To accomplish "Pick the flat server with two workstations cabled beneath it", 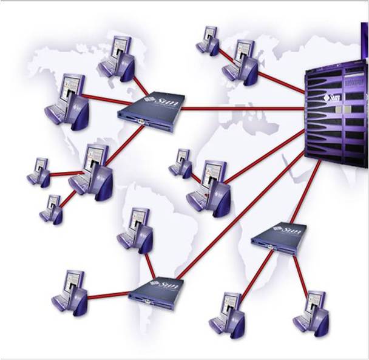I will (279, 237).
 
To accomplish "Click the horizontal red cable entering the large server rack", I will (243, 109).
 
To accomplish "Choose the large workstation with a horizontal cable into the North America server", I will (67, 99).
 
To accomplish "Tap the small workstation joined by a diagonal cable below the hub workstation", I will (52, 209).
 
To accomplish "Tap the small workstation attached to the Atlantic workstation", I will (181, 162).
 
